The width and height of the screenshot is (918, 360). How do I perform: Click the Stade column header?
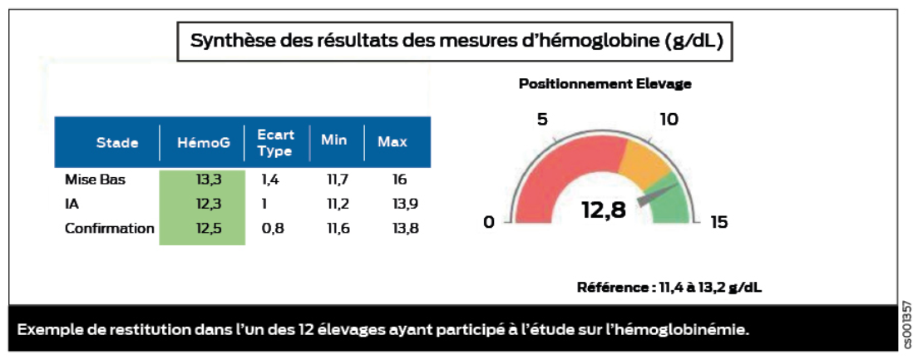tap(117, 142)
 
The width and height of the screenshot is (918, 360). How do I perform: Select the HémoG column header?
tap(203, 142)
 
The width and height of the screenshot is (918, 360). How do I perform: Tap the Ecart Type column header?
tap(275, 142)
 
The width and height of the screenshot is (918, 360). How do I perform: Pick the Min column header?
tap(334, 141)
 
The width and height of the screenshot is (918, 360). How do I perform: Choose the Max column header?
tap(392, 142)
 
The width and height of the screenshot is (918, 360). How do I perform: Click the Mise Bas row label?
tap(95, 180)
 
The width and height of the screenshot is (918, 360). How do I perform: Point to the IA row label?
tap(72, 204)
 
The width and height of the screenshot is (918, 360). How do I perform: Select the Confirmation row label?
tap(110, 228)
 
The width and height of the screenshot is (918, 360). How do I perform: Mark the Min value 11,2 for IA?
tap(335, 204)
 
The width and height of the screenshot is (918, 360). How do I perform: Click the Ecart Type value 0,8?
tap(273, 228)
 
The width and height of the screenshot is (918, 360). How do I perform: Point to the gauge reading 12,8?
tap(604, 210)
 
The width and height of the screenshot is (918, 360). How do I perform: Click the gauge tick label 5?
tap(542, 120)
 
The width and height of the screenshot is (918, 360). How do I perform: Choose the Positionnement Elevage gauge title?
tap(605, 84)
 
